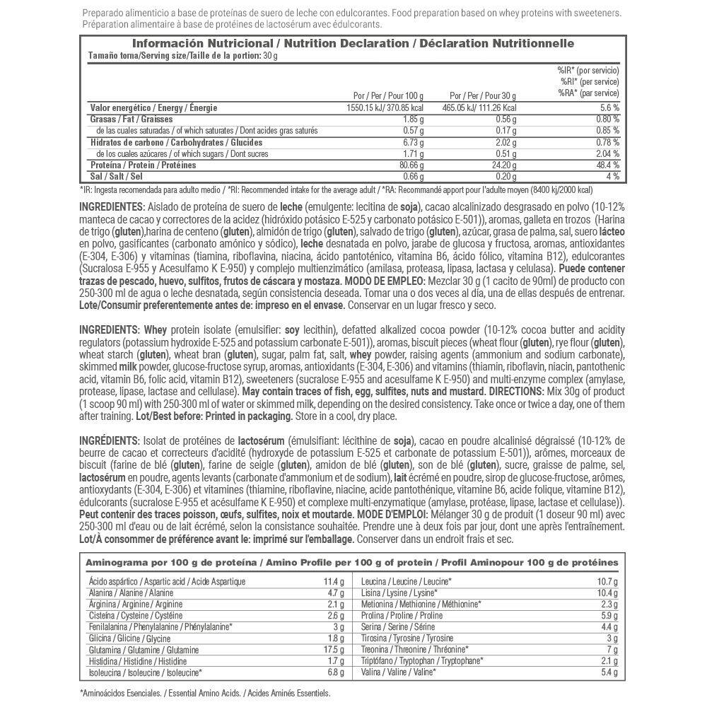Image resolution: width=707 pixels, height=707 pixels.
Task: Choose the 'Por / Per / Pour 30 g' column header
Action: coord(483,95)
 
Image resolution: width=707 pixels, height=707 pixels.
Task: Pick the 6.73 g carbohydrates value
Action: coord(413,142)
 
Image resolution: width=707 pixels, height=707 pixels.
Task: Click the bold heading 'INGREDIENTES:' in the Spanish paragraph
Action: coord(112,207)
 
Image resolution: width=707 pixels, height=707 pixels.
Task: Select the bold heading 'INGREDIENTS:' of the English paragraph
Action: coord(110,329)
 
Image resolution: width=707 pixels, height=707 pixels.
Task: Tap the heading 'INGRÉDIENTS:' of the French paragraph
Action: coord(110,441)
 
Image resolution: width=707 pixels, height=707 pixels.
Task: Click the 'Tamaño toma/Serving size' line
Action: coord(174,55)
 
